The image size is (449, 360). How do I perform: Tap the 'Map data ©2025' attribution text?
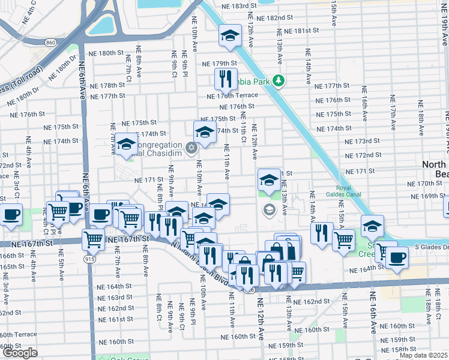[x=424, y=355]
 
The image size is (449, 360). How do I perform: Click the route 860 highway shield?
[x=50, y=43]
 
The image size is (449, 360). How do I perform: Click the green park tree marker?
[x=278, y=80]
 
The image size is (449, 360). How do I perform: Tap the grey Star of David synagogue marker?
[x=191, y=147]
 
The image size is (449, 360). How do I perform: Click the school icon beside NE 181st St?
[x=229, y=36]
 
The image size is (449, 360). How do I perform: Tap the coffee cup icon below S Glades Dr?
[x=396, y=258]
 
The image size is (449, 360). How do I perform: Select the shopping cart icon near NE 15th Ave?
[x=343, y=239]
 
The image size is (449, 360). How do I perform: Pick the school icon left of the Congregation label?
[x=127, y=145]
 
